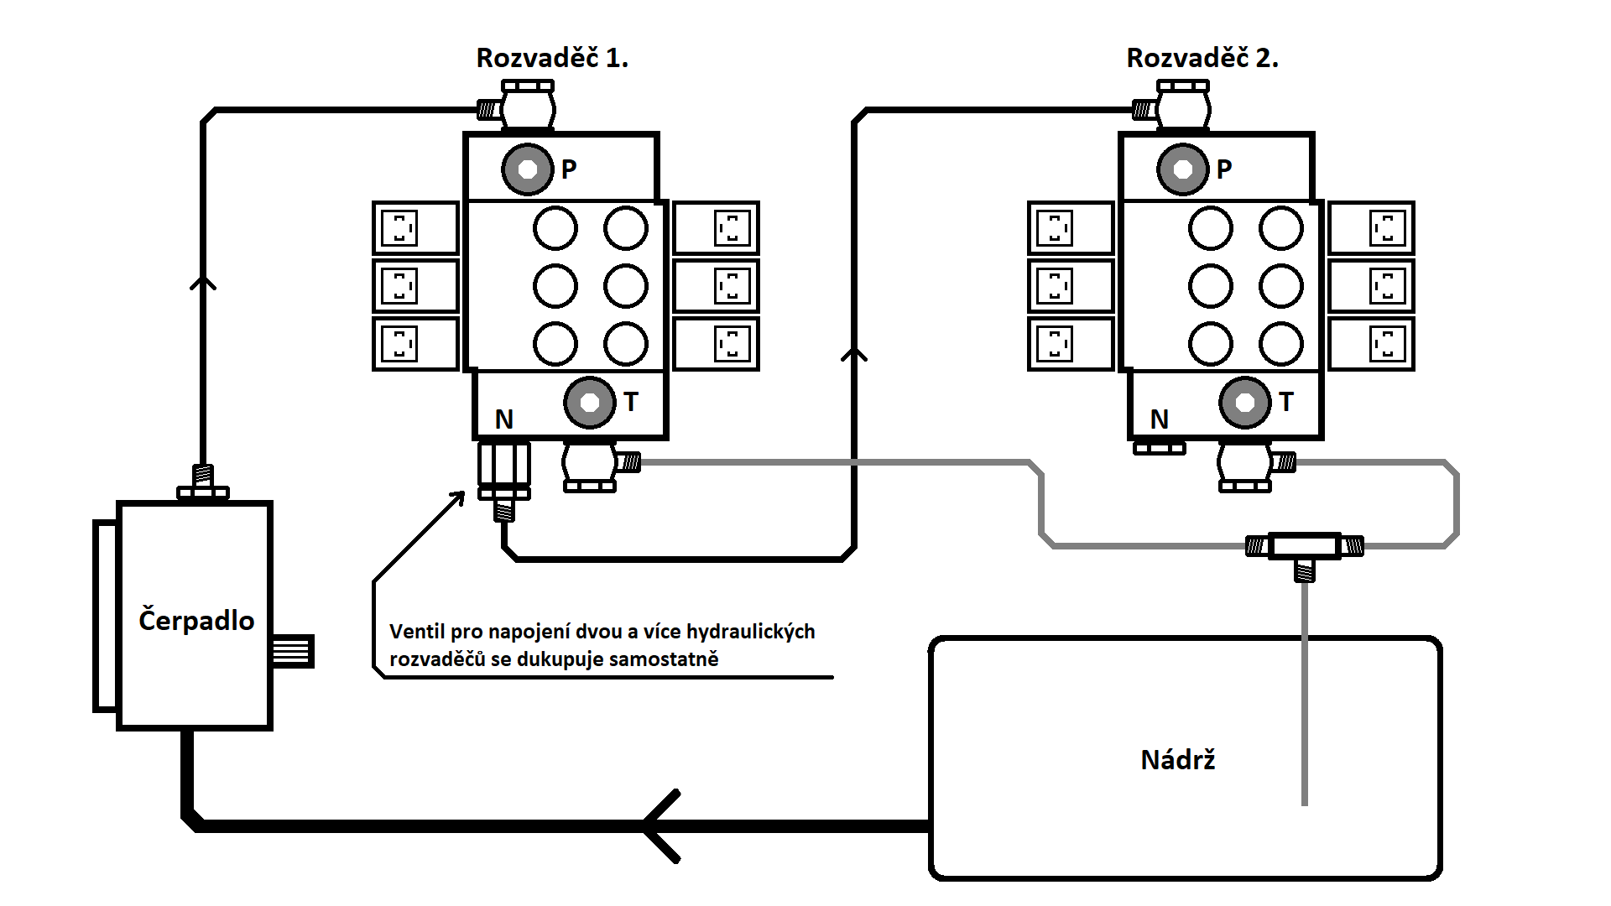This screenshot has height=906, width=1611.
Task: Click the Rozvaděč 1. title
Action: (552, 58)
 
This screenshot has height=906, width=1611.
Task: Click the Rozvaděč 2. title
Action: (1202, 58)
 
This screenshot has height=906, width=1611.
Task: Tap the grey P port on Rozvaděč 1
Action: (528, 169)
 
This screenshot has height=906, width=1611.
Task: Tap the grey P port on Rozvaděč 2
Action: (1183, 169)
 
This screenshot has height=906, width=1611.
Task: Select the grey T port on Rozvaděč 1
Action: (590, 403)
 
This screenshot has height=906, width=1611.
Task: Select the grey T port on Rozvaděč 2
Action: (1245, 403)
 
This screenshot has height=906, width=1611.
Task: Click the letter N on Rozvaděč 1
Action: (504, 419)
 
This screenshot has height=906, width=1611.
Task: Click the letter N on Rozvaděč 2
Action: (1160, 419)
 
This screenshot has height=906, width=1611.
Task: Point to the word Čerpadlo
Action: (196, 620)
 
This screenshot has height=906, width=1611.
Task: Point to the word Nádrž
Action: (1178, 760)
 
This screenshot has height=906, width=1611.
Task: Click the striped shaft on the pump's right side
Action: (293, 651)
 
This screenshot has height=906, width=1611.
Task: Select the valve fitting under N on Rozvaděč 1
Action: (504, 478)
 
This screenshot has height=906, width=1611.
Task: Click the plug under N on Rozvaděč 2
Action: (1160, 448)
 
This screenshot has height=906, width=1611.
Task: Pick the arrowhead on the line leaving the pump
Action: (203, 283)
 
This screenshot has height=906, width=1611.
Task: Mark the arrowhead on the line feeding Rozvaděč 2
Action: (854, 355)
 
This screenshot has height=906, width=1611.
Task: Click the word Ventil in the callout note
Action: (417, 632)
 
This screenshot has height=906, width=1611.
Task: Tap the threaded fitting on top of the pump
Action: (203, 482)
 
